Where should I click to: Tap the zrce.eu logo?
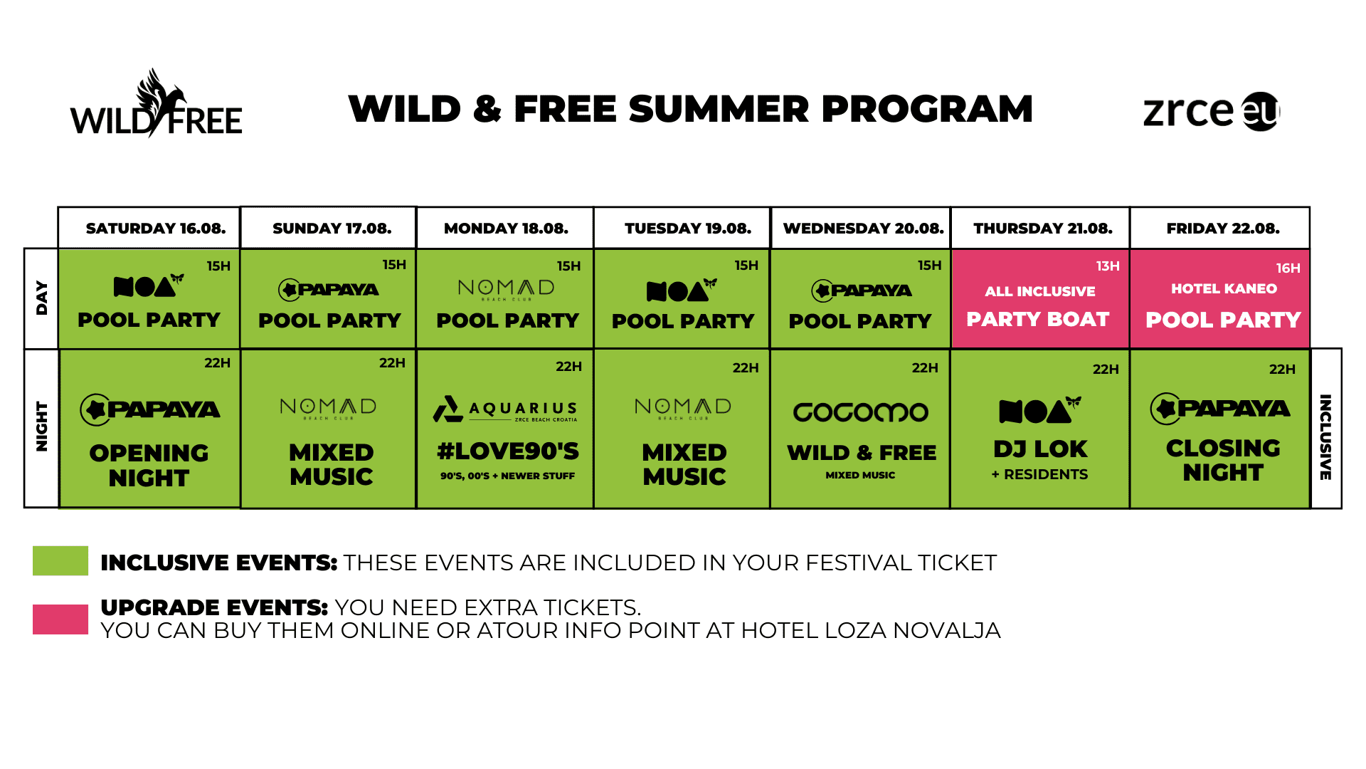pos(1212,112)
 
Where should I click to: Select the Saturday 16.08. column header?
pos(156,229)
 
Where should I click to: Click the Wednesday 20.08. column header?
pos(863,229)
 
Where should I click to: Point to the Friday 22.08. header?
pos(1223,229)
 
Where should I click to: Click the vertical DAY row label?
pos(42,298)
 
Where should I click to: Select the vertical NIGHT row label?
pos(42,427)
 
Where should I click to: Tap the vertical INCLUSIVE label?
pos(1325,437)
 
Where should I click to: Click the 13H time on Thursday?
pos(1108,266)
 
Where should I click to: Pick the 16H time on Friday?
pos(1288,268)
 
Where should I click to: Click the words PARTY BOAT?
pos(1038,320)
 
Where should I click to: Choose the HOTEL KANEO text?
pos(1224,288)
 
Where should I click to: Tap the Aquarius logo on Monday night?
pos(505,409)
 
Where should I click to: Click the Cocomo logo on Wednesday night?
pos(861,412)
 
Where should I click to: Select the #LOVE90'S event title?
pos(508,451)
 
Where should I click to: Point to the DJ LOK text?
pos(1040,449)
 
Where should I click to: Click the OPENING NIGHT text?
pos(149,466)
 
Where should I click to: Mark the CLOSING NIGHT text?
pos(1223,460)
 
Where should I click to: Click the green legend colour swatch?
pos(60,561)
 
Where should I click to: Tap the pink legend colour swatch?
pos(60,619)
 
